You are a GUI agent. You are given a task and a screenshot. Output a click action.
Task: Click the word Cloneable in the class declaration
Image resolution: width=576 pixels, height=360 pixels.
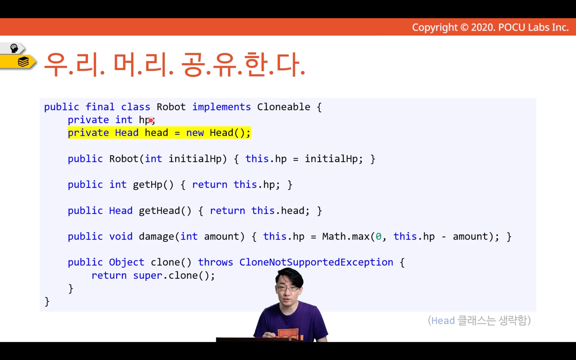(284, 107)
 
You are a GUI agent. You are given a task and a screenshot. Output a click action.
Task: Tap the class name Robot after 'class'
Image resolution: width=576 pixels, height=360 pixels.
(171, 107)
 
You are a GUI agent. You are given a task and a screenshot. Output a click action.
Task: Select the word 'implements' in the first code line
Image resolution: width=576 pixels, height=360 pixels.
(221, 107)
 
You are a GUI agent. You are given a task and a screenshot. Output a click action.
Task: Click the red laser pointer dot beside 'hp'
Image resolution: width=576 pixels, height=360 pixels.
(151, 120)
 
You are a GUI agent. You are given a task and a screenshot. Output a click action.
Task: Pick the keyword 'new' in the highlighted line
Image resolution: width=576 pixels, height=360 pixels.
(195, 133)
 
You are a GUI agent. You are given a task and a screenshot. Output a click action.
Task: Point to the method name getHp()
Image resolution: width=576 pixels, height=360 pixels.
(153, 185)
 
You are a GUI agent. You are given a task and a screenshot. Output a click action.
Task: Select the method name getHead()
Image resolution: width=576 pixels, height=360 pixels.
(165, 211)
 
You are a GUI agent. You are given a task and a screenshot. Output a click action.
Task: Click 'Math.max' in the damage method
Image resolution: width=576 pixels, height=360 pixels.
(346, 237)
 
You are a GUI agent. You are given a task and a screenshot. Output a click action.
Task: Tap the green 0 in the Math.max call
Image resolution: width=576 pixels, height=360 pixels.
(379, 237)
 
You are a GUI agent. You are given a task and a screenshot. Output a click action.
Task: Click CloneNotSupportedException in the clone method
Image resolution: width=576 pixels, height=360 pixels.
(316, 262)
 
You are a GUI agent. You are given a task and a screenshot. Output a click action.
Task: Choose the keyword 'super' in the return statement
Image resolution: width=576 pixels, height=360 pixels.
(147, 276)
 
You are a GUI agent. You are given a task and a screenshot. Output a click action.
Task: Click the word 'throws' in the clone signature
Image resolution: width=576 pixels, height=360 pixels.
(216, 262)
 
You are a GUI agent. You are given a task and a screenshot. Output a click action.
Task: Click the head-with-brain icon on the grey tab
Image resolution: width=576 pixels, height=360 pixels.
(14, 48)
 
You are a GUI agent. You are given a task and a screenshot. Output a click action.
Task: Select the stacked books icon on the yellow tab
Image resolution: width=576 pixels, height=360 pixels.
(23, 62)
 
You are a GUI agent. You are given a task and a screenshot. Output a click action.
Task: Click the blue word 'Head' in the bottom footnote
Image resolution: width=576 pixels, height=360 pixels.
(443, 321)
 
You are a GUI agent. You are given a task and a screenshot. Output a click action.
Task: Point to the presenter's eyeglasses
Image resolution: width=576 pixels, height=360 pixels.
(288, 288)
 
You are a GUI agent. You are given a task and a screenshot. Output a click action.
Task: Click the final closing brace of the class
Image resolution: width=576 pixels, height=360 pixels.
(47, 302)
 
